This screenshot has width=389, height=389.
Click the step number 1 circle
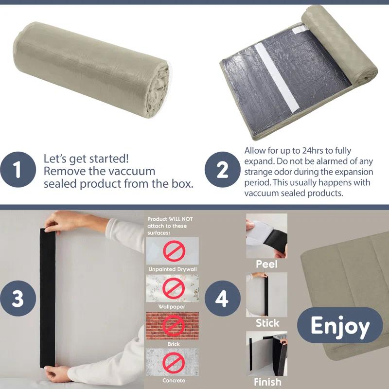18,169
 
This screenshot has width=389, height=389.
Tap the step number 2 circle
222,169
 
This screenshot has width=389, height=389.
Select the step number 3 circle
18,298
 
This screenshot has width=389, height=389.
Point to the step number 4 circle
222,298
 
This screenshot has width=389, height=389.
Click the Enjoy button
340,325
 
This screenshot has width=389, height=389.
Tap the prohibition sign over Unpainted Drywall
174,251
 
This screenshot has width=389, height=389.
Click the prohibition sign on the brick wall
174,325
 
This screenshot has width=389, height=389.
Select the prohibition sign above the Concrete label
174,362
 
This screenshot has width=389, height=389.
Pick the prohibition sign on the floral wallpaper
174,288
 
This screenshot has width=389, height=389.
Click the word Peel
266,264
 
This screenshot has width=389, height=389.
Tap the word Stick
267,323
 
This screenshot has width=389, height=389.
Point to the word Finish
267,382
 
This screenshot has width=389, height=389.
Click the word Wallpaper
172,307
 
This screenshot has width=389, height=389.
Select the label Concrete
174,381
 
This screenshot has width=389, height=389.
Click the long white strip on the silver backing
277,77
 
